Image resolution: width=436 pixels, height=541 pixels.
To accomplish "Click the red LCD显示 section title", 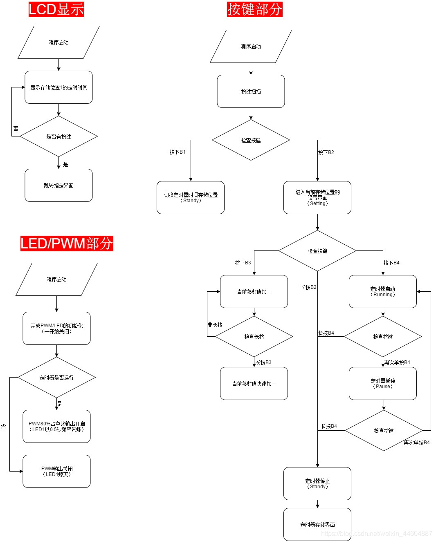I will (x=56, y=9).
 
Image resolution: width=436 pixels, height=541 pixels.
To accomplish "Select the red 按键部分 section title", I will (x=254, y=9).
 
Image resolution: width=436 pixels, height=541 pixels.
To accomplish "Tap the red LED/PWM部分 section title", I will (x=67, y=244).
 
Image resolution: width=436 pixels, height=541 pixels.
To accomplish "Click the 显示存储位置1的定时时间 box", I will (x=58, y=87).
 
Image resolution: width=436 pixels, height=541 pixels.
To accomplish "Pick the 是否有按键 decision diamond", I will (x=58, y=136).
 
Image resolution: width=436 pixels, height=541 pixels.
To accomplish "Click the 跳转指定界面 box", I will (x=58, y=186).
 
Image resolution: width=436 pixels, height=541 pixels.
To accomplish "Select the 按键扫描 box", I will (x=251, y=92).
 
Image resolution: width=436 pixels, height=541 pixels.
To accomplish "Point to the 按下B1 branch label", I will (x=178, y=152).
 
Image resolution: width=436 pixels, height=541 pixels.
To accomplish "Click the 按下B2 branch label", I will (x=326, y=152).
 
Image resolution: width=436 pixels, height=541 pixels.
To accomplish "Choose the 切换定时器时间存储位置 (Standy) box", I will (x=191, y=197).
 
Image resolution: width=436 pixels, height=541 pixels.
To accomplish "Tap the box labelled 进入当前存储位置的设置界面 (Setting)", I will (x=317, y=197).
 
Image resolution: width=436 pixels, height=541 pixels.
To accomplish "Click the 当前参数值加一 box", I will (x=254, y=292).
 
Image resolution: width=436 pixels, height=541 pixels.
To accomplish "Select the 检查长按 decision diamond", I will (x=254, y=337).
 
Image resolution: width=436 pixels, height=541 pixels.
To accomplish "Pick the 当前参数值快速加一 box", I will (x=254, y=384).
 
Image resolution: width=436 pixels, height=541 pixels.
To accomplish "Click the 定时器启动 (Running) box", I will (x=383, y=292).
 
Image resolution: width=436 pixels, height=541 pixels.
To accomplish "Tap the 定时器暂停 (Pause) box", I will (x=383, y=384).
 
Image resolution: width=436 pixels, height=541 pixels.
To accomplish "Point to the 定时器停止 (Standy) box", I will (x=317, y=484).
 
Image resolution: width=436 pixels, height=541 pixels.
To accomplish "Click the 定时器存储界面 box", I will (x=317, y=525).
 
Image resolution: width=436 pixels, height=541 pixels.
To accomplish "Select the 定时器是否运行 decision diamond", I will (x=56, y=378).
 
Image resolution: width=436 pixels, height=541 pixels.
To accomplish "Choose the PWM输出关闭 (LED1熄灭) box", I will (x=56, y=472).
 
